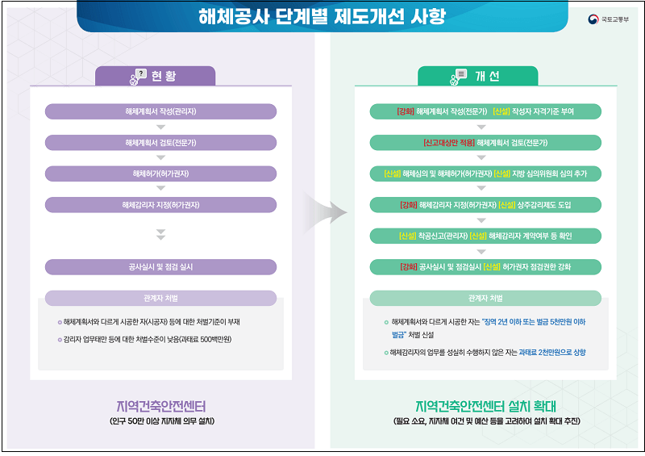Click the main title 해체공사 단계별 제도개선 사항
pos(321,17)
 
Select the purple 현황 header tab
pos(156,76)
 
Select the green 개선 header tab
pos(477,76)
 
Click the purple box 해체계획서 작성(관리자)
pos(160,111)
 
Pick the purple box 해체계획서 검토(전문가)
pos(160,143)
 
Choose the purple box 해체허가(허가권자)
pos(160,174)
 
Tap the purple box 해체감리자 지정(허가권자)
pos(160,205)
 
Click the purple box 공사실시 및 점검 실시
pos(160,266)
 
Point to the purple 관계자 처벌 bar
pos(160,298)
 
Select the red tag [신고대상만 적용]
pos(448,143)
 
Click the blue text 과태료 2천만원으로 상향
pos(552,352)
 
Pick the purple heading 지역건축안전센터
pos(160,404)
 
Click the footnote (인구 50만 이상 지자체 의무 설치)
pos(160,421)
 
